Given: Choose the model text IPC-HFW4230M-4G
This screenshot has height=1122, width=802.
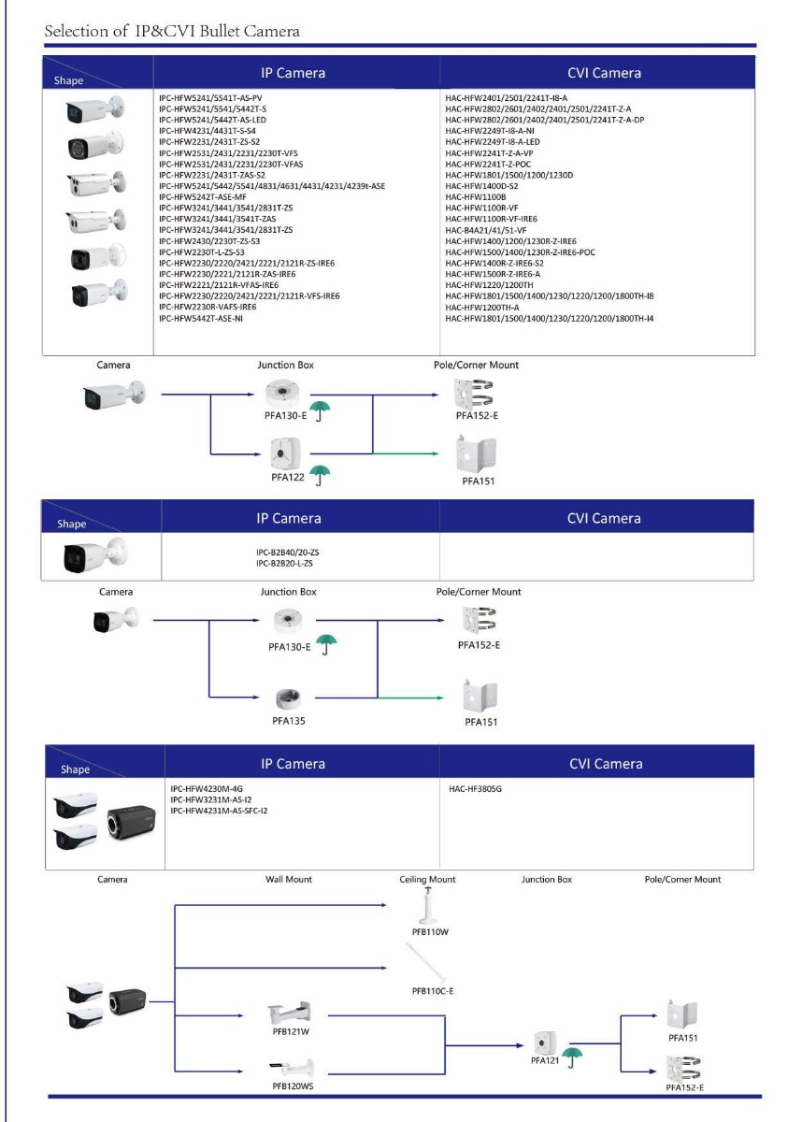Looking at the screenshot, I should [208, 789].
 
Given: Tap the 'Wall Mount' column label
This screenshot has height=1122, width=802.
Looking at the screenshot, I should [288, 879].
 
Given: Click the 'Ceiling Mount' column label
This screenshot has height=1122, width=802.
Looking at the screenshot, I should [427, 879].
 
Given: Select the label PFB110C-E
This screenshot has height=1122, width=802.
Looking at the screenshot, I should [434, 990].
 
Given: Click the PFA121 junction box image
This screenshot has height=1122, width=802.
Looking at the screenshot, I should [542, 1043].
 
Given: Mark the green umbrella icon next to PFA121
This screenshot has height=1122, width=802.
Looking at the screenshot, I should [580, 1056].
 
